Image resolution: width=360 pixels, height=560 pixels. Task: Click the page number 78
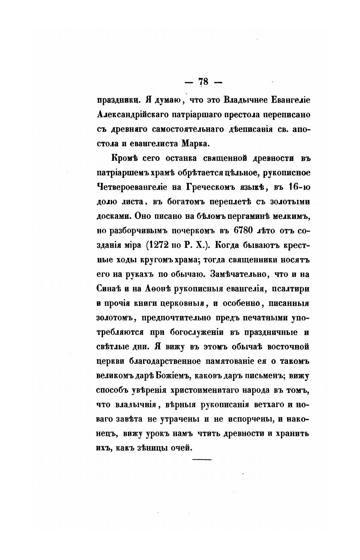pos(203,82)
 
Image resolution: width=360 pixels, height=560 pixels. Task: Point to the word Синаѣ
pos(109,289)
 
